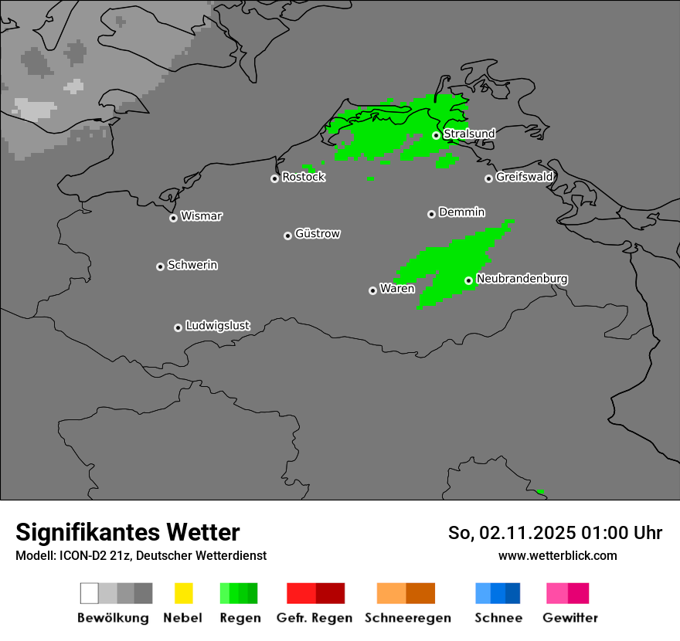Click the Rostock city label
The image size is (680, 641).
304,177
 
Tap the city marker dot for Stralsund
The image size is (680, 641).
436,135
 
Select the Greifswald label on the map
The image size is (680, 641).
525,177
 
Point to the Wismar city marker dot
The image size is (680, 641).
173,218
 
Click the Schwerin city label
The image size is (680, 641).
192,265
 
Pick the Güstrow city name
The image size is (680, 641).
318,233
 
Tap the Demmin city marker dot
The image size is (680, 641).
431,214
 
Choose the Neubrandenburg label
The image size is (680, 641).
522,279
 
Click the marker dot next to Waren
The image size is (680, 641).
372,290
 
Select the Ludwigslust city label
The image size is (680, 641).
218,326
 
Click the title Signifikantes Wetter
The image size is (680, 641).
127,533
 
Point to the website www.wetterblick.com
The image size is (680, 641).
558,555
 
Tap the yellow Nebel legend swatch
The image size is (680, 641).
183,593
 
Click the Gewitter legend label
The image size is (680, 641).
570,618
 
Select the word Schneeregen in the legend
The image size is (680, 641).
408,618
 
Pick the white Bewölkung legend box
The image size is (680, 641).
90,593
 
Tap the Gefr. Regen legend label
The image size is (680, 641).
314,618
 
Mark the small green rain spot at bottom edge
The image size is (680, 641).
540,491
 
